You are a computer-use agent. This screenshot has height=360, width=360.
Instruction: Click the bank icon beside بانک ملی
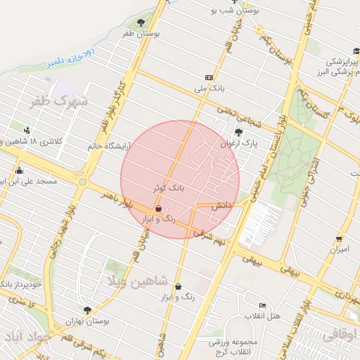(209, 77)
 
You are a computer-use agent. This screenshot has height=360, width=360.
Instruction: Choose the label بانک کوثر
(169, 188)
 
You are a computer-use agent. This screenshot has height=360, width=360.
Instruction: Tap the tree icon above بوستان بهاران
(87, 310)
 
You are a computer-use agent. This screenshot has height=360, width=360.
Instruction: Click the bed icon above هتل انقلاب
(262, 305)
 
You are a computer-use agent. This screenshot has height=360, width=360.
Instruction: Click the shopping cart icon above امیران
(340, 239)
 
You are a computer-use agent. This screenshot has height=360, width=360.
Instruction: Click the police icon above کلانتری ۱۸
(27, 129)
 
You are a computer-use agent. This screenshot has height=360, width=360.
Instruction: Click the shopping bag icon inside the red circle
(158, 209)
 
